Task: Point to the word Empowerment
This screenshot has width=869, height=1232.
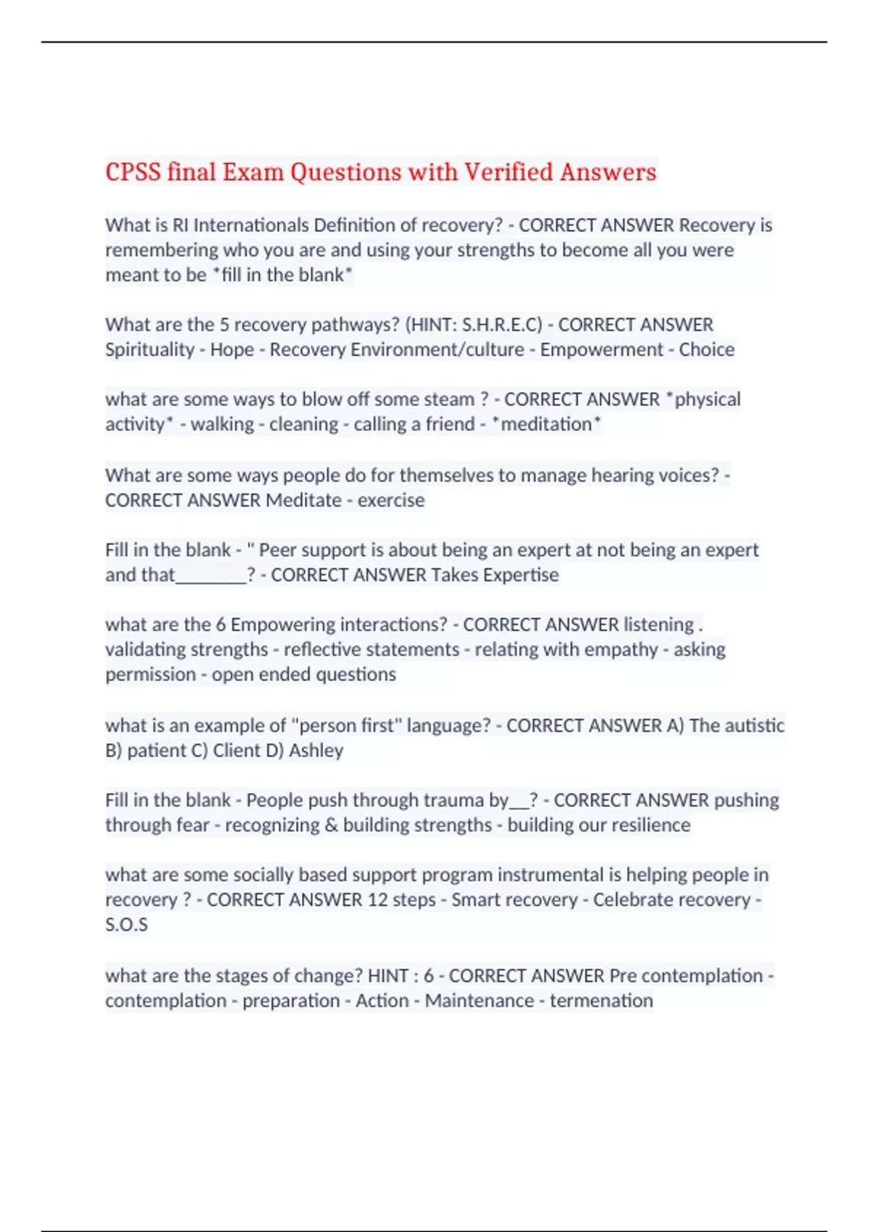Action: [x=601, y=349]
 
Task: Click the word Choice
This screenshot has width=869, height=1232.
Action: [x=706, y=349]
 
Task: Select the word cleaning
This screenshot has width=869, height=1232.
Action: [x=303, y=424]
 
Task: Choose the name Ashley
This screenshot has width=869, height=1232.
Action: [x=316, y=750]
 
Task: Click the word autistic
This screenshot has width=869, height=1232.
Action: [x=752, y=725]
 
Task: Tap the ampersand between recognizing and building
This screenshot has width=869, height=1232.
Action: [x=331, y=825]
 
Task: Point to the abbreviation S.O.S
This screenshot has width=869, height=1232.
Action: [x=126, y=925]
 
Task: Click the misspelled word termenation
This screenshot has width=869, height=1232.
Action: [x=601, y=1000]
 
